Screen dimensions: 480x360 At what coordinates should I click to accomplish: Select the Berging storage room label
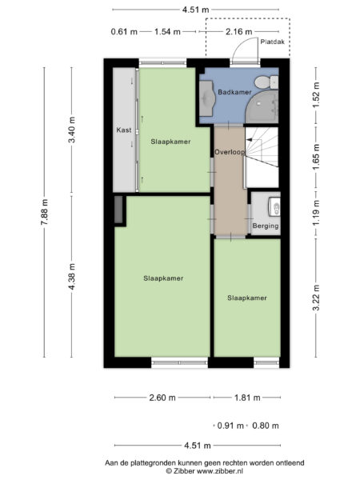266,226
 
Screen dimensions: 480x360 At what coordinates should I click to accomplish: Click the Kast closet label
123,130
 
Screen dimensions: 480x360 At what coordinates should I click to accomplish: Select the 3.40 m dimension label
74,130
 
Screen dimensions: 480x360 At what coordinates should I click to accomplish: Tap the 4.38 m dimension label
74,278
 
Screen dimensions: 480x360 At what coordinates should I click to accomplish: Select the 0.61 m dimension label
124,32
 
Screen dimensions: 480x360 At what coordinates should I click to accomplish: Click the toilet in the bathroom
273,81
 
